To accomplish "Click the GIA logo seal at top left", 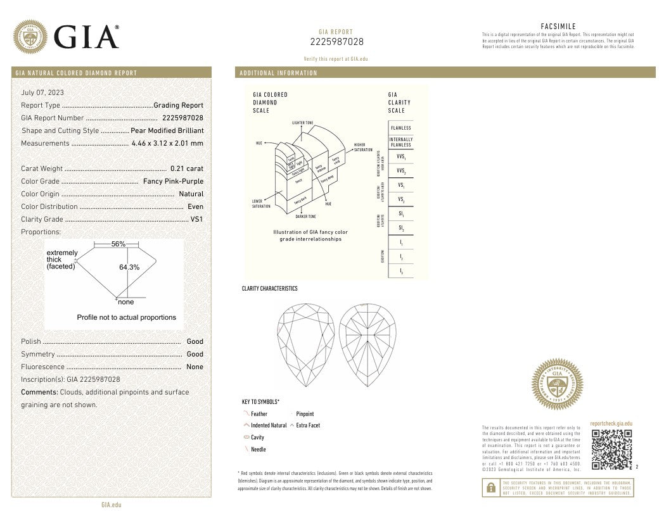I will (30, 37).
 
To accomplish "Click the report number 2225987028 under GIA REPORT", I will (336, 42).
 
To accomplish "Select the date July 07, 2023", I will (42, 93).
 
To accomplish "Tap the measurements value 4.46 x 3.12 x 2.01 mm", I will (167, 143).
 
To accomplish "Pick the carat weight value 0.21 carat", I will (187, 168).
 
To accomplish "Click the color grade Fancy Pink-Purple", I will (173, 181).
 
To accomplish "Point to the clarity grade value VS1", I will (197, 219).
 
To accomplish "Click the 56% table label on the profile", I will (118, 244).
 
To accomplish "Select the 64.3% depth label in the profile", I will (129, 267).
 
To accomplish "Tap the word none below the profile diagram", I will (126, 302).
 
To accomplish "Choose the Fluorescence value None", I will (195, 367).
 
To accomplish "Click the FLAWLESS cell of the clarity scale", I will (400, 128).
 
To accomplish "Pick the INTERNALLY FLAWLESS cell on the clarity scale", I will (400, 142).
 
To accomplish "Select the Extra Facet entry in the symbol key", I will (307, 426).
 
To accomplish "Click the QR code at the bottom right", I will (611, 449).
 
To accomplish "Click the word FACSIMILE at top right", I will (558, 26).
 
